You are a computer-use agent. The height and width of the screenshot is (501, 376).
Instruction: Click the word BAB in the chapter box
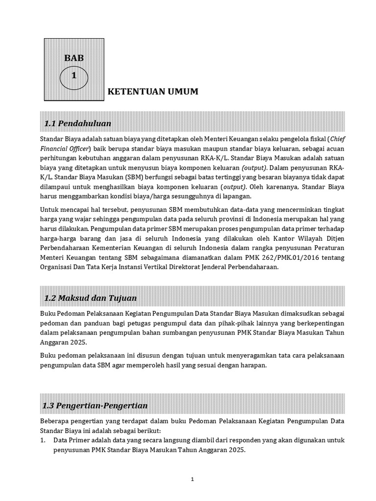coord(74,58)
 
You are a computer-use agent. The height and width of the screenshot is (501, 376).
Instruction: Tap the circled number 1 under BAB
coord(74,76)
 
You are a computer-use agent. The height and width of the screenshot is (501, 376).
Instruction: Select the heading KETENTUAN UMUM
coord(153,91)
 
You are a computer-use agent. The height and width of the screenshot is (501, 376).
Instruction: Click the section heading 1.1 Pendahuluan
coord(78,123)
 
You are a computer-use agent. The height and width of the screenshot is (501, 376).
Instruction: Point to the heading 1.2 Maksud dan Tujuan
coord(91,298)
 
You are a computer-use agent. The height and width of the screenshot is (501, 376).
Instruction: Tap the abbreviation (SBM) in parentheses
coord(129,178)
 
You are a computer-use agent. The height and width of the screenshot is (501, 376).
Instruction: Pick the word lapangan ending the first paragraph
coord(235,197)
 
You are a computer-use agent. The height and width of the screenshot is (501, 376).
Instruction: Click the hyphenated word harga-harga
coord(60,238)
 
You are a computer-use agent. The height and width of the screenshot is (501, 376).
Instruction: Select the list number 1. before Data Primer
coord(44,441)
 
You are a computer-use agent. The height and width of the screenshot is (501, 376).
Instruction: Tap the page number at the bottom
coord(192,479)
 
